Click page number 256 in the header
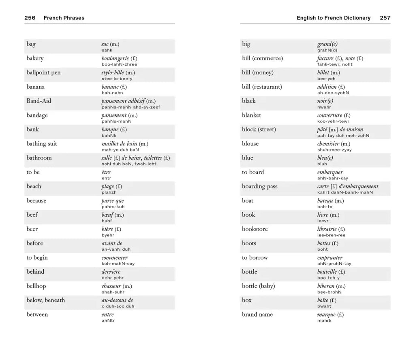tap(30, 18)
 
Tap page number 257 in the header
tap(385, 18)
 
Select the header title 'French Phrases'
tap(64, 18)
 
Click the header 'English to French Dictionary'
tap(334, 18)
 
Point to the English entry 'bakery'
tap(35, 58)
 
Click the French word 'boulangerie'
tap(115, 58)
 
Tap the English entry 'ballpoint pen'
tap(43, 72)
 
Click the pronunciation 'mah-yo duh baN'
tap(120, 150)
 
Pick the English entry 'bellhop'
tap(36, 286)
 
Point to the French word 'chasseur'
tap(111, 286)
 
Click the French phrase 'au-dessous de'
tap(117, 300)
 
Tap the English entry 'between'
tap(37, 314)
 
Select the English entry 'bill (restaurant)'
tap(262, 87)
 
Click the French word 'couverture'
tap(330, 115)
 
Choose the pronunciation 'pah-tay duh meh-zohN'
tap(343, 136)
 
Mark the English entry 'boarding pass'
tap(260, 186)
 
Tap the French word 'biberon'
tap(326, 286)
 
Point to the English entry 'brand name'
tap(257, 314)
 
